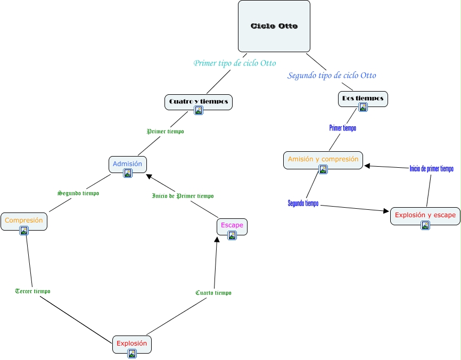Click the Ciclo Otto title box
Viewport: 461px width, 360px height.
coord(274,26)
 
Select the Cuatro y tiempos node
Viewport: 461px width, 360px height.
coord(198,101)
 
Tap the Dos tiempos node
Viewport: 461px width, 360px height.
coord(363,99)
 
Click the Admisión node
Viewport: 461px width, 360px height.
coord(127,164)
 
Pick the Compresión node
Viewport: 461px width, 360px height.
coord(23,220)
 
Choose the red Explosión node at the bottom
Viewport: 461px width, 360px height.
coord(131,343)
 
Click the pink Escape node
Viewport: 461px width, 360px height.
coord(232,225)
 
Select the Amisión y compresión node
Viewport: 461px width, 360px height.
coord(323,159)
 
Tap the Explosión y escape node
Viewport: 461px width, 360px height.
coord(425,216)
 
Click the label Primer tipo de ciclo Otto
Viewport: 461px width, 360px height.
coord(234,63)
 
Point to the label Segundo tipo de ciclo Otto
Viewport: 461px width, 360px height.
coord(332,76)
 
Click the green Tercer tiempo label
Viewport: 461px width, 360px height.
coord(33,291)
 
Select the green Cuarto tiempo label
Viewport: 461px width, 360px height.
coord(213,293)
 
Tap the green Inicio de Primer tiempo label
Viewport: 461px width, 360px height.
coord(183,196)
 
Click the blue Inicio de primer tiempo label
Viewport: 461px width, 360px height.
coord(431,169)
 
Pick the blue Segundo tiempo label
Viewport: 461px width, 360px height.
coord(303,203)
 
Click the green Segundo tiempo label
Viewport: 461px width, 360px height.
coord(78,193)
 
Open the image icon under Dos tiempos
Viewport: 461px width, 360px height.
coord(363,107)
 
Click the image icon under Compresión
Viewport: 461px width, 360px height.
coord(23,231)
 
